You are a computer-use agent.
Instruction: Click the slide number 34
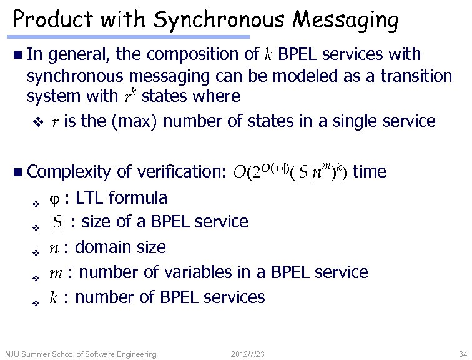pyautogui.click(x=463, y=354)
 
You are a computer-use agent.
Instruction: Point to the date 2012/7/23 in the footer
pyautogui.click(x=247, y=354)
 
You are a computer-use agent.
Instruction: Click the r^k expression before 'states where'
pyautogui.click(x=129, y=96)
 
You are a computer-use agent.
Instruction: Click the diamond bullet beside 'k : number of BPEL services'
pyautogui.click(x=35, y=302)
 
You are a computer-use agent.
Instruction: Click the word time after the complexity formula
pyautogui.click(x=370, y=172)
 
